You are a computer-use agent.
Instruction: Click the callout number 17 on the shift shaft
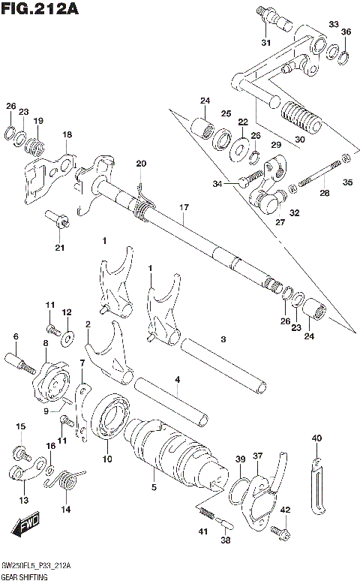click(183, 206)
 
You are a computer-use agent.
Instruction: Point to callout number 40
click(316, 438)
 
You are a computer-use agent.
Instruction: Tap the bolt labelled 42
click(284, 531)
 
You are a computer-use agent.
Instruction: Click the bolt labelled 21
click(58, 220)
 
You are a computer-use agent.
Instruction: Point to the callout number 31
click(265, 42)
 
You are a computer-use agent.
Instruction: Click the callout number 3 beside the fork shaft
click(223, 339)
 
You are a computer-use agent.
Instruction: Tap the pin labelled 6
click(21, 364)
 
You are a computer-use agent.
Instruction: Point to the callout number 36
click(345, 32)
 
